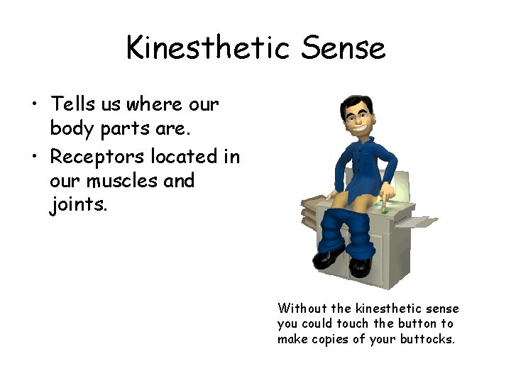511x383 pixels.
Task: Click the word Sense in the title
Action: (x=343, y=48)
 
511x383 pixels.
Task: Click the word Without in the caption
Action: (x=303, y=309)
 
